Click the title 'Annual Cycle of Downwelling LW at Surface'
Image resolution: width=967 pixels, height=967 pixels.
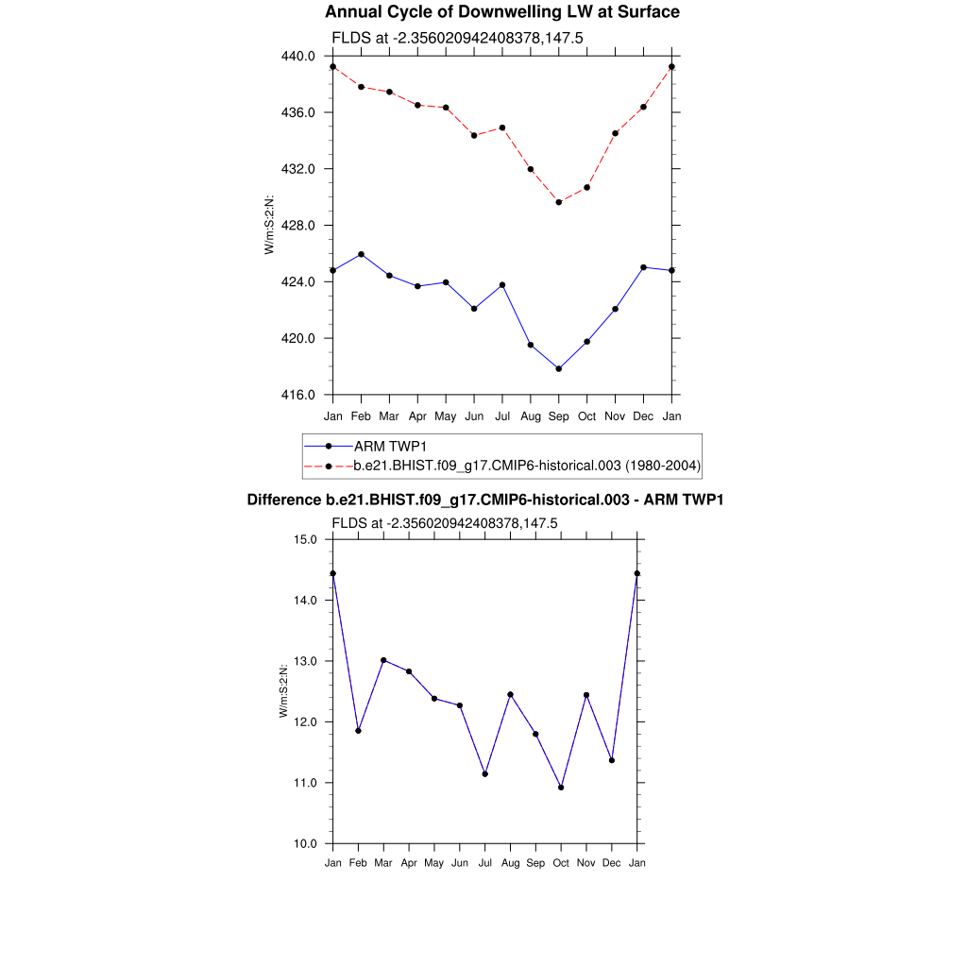point(501,12)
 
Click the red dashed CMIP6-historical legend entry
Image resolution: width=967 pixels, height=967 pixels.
point(526,466)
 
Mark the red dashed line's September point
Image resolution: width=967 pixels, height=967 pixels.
point(559,202)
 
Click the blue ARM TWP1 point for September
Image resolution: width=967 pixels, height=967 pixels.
point(559,368)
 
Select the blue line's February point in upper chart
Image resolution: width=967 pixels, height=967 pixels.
point(361,255)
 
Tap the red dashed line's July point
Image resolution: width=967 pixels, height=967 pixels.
point(502,127)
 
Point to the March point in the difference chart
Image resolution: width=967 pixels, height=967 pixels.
point(383,660)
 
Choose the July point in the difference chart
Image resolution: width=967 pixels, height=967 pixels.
point(485,774)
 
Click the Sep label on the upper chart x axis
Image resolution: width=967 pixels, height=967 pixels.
point(559,416)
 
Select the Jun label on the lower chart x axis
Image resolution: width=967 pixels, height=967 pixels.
point(460,863)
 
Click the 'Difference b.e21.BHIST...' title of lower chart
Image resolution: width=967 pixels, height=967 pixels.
point(484,500)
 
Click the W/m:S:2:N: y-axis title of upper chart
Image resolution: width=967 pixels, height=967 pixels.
point(270,225)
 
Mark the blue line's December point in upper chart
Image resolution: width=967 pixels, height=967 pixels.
point(644,267)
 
